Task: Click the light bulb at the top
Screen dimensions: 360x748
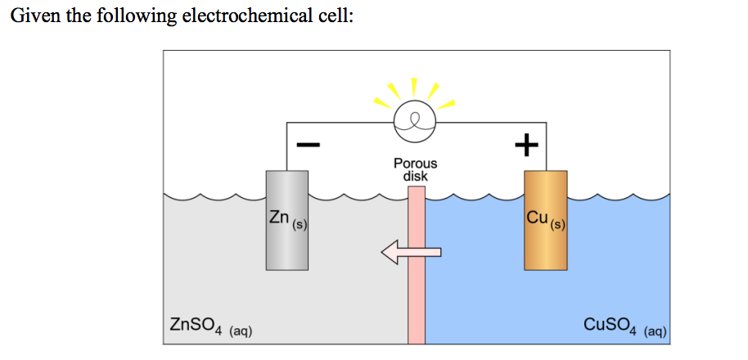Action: pyautogui.click(x=416, y=123)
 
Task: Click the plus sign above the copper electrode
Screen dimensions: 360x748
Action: pyautogui.click(x=525, y=146)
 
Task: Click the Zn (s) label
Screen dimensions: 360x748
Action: pyautogui.click(x=286, y=218)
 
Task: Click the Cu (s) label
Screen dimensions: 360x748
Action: pyautogui.click(x=546, y=218)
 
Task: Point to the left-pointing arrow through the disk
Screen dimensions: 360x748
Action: pyautogui.click(x=410, y=253)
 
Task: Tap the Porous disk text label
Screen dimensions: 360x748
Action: pyautogui.click(x=416, y=169)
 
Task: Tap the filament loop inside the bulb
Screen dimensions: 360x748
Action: pyautogui.click(x=416, y=122)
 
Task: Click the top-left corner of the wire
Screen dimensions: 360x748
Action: pyautogui.click(x=286, y=124)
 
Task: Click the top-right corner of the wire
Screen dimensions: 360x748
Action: pyautogui.click(x=546, y=124)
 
